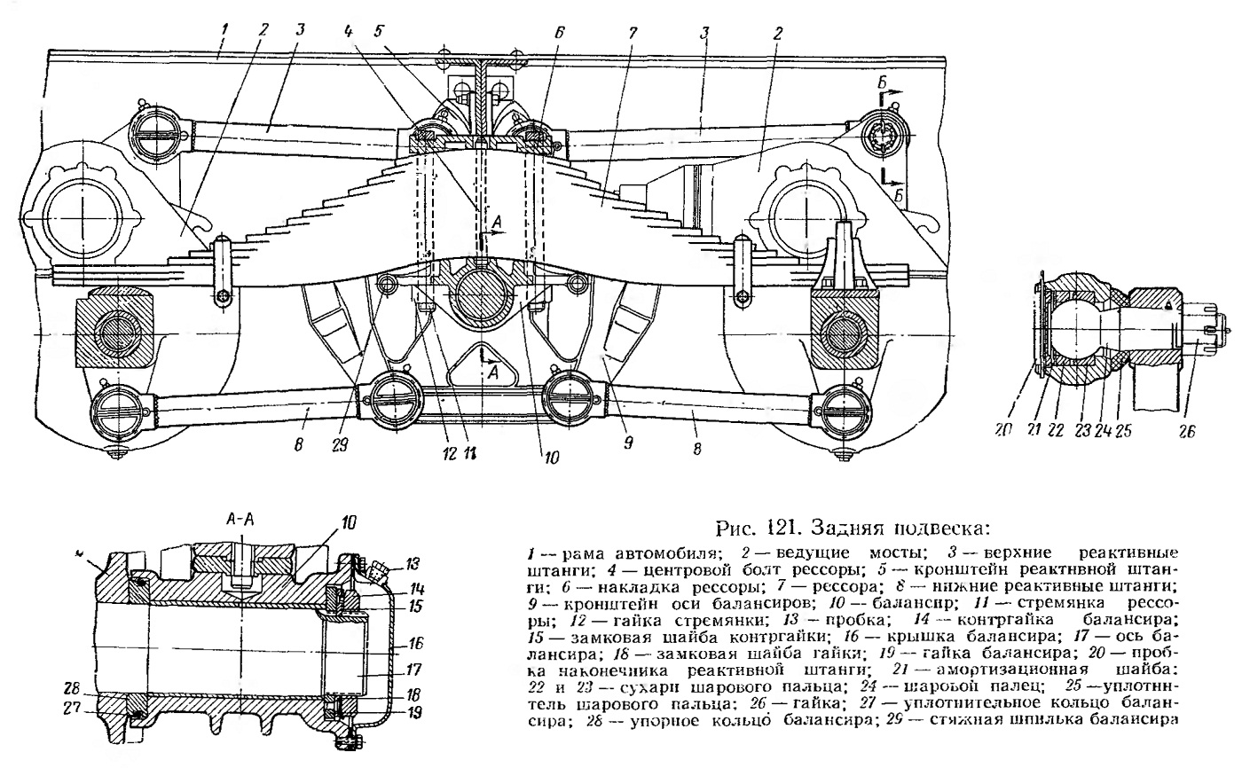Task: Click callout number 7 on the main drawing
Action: pyautogui.click(x=633, y=32)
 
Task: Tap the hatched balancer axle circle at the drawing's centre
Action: pyautogui.click(x=482, y=296)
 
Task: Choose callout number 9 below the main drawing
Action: pyautogui.click(x=628, y=442)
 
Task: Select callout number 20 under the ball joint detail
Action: pyautogui.click(x=1003, y=429)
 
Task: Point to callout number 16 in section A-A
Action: pyautogui.click(x=415, y=644)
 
